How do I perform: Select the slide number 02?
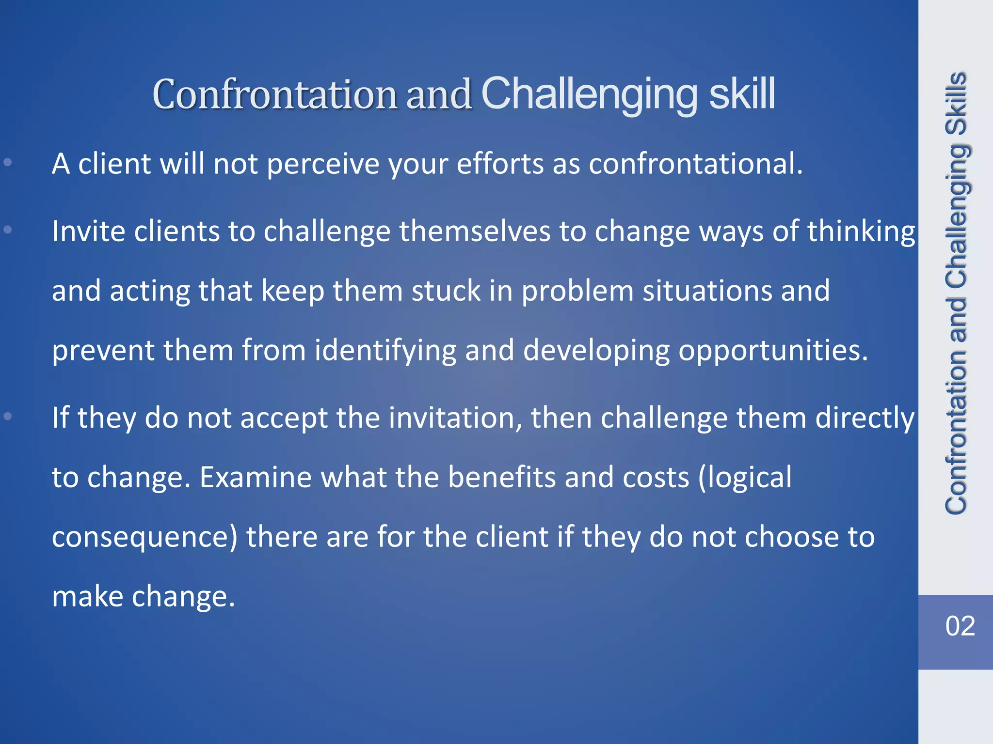click(960, 626)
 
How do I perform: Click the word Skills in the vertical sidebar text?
click(957, 103)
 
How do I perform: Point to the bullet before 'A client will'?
click(8, 162)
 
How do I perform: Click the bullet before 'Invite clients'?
click(8, 229)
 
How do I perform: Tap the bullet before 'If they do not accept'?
click(8, 416)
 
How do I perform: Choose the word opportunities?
click(772, 351)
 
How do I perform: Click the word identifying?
click(385, 351)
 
